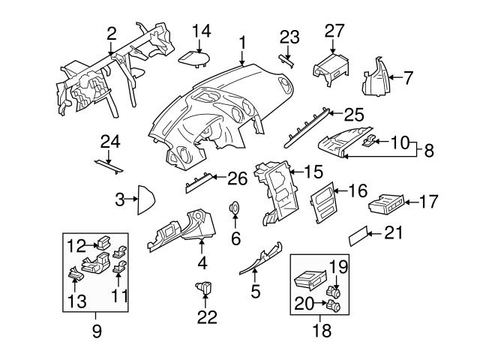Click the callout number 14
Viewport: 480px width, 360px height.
[201, 31]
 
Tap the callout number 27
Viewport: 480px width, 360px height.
[334, 30]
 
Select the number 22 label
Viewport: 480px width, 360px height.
[206, 317]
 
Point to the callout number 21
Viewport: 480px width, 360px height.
[393, 232]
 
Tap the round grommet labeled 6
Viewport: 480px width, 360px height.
[235, 208]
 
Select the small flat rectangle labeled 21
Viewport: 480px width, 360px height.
[358, 238]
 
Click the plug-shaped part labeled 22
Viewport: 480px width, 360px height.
[204, 286]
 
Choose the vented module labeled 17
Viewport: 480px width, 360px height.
[385, 203]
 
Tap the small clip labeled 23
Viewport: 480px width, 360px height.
[287, 60]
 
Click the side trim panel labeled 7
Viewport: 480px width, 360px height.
[377, 79]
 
